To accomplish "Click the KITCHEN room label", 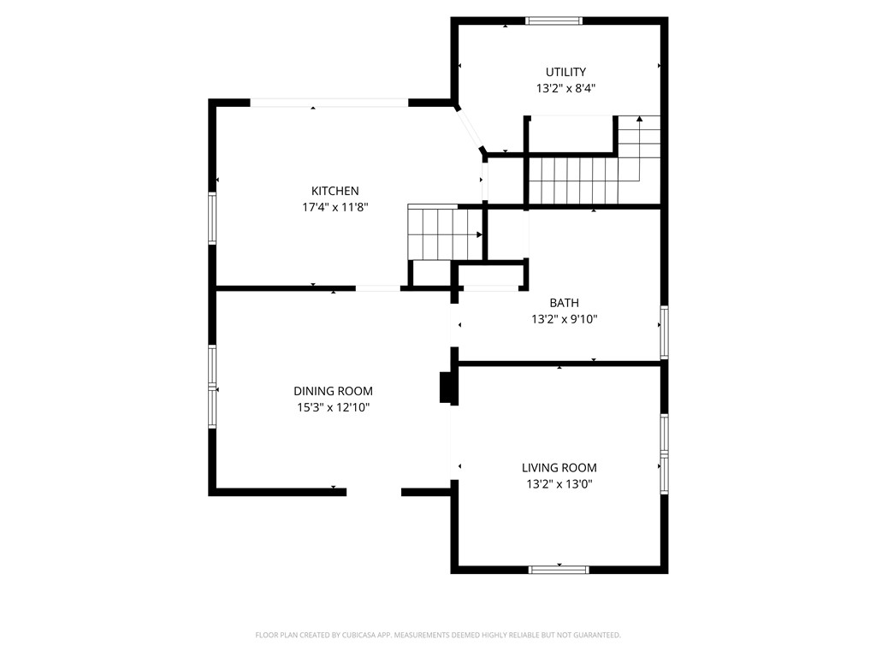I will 334,191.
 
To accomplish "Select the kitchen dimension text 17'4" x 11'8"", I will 334,207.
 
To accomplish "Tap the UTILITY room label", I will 565,72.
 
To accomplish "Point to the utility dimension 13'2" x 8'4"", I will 565,88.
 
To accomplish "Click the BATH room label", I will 564,303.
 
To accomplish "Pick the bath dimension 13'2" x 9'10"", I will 564,319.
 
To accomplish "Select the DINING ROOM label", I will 333,391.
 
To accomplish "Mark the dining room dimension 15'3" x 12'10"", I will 333,408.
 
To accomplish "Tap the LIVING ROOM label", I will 559,468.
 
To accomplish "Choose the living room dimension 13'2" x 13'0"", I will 559,484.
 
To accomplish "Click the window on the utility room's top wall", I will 553,21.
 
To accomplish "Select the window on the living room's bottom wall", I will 559,569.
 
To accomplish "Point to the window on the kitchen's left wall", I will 212,218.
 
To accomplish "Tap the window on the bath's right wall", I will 664,332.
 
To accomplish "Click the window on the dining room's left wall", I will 212,385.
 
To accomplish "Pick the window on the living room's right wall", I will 664,454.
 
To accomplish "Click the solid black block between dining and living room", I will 446,388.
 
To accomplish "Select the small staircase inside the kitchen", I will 443,233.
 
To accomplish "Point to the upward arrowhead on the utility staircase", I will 639,120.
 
